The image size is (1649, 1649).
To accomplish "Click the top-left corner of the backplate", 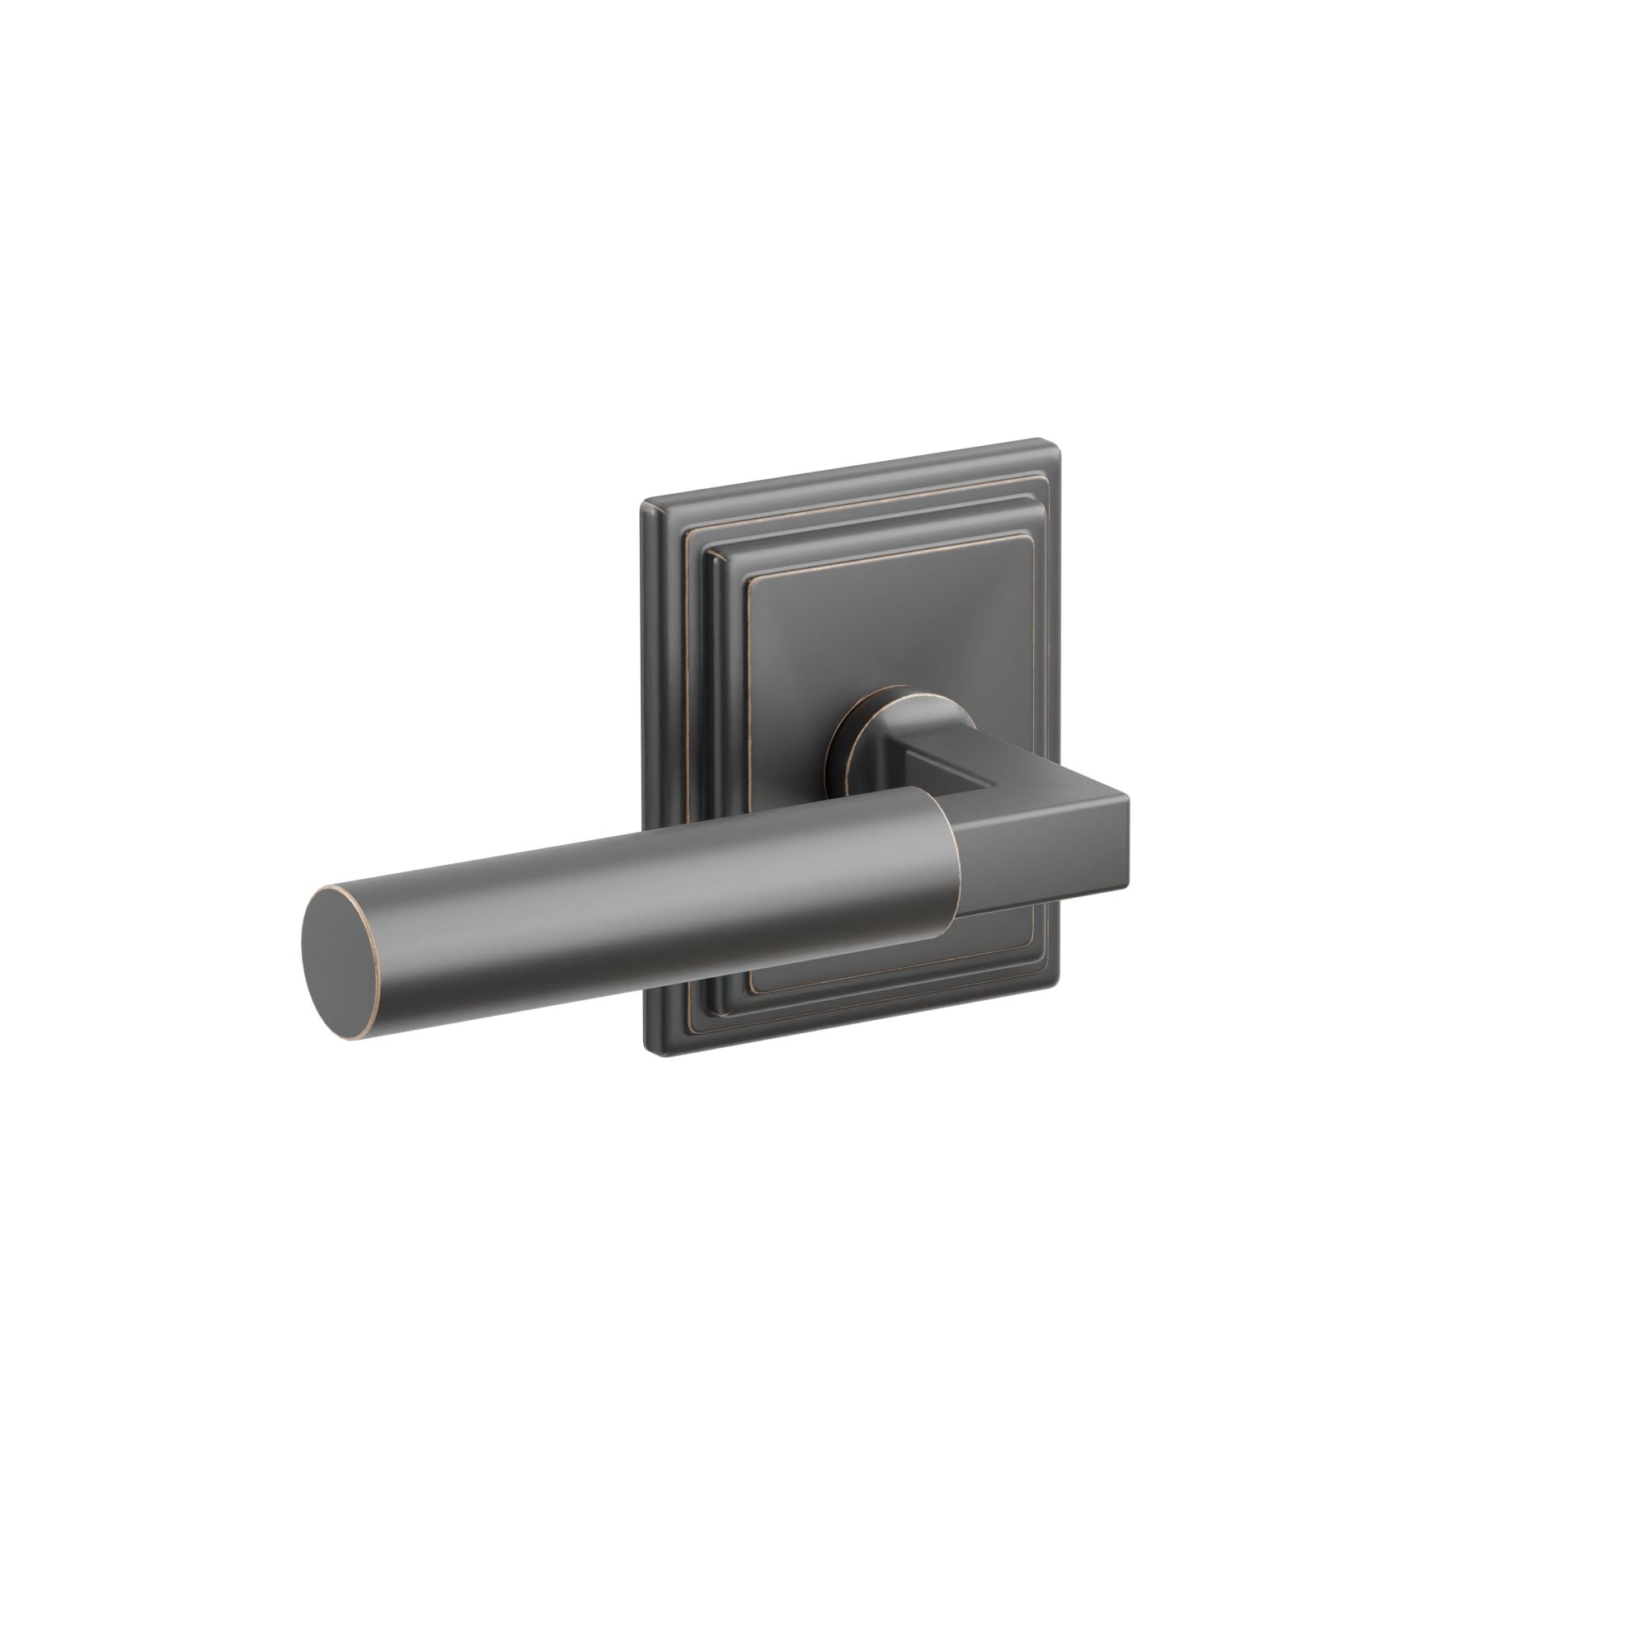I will [x=646, y=505].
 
